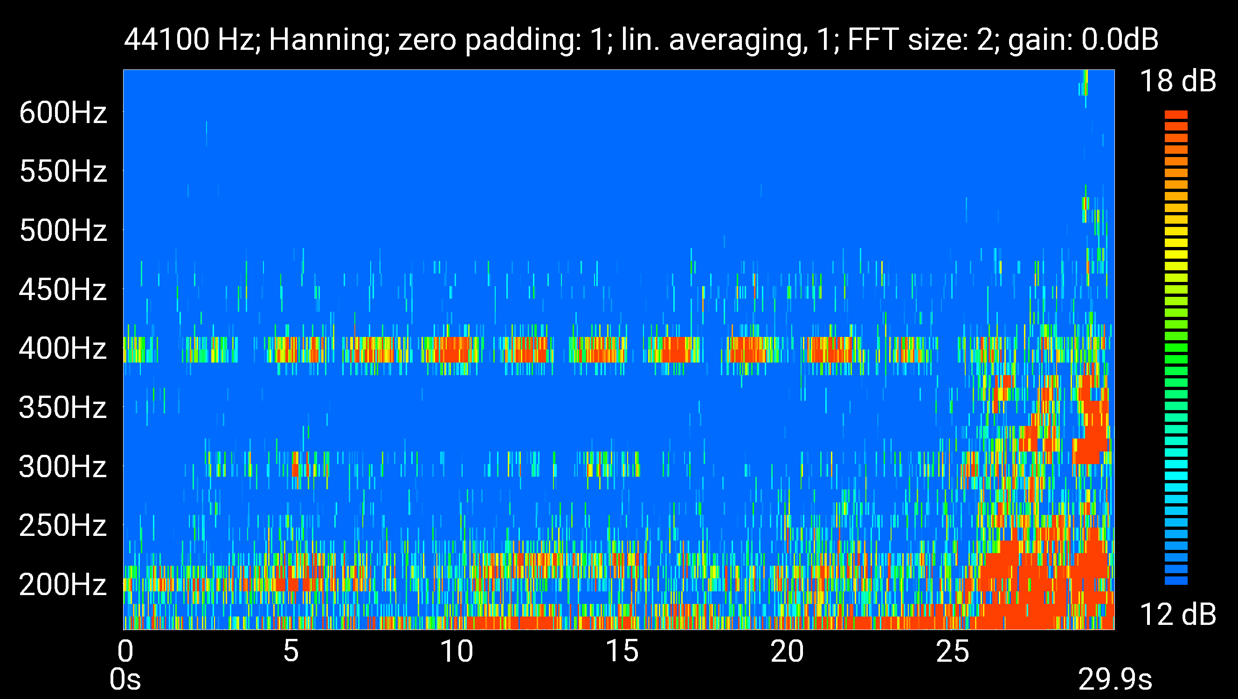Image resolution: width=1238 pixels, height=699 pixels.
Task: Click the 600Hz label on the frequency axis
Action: pos(62,113)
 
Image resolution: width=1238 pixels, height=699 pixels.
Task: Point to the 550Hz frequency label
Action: pos(62,171)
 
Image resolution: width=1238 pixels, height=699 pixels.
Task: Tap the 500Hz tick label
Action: pos(62,231)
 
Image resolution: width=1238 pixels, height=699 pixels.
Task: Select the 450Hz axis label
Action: pos(62,290)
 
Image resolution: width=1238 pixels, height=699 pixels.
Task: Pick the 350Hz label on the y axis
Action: pos(62,408)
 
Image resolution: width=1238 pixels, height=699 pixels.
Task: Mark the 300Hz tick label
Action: pos(62,466)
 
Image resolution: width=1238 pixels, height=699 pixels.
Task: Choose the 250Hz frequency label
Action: pos(62,526)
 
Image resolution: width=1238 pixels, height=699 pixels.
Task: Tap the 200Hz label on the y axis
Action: pos(62,585)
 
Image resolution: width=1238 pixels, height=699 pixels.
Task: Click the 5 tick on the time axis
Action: pos(291,652)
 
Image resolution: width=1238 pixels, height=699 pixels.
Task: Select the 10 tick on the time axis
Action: pos(456,652)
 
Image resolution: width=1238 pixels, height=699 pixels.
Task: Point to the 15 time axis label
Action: pos(622,652)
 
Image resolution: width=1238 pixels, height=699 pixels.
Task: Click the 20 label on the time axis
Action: pos(787,652)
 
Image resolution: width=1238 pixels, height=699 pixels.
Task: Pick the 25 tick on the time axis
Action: pos(953,652)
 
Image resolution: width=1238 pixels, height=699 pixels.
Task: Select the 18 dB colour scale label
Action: pos(1177,81)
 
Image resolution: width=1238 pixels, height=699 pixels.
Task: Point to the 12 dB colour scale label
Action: pos(1177,615)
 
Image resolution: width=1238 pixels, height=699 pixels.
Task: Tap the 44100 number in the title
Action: pos(167,40)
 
